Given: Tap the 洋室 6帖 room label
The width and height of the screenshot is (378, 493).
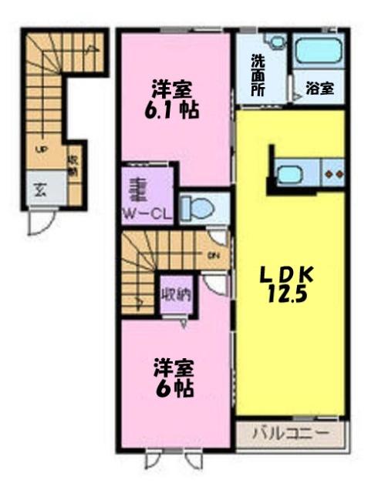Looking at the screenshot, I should (x=173, y=377).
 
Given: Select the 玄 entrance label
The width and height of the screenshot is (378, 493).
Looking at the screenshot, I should (x=39, y=190).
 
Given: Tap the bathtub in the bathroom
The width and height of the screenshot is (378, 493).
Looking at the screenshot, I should (x=318, y=52).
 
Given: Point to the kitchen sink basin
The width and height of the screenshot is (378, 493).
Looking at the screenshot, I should (x=289, y=174).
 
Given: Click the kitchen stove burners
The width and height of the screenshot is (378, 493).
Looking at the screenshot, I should (x=332, y=174).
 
